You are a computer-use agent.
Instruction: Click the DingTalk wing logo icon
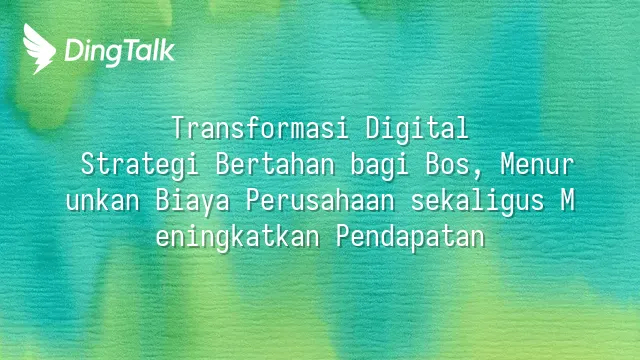(39, 49)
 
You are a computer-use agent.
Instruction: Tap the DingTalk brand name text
(120, 52)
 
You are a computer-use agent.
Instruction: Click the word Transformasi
(260, 128)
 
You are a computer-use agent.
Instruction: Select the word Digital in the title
(417, 128)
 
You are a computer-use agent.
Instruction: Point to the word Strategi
(140, 165)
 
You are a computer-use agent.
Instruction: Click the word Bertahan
(275, 164)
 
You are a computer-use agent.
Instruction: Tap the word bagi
(380, 165)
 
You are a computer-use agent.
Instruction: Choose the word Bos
(448, 164)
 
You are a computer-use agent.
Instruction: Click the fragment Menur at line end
(538, 164)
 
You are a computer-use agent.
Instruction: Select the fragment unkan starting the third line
(103, 201)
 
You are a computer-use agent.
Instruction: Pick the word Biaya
(193, 202)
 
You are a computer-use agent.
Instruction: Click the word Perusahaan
(320, 201)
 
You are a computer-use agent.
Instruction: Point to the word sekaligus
(478, 202)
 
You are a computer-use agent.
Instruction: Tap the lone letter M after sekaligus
(567, 201)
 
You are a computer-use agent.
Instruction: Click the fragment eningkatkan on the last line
(238, 238)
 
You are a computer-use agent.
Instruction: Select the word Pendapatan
(411, 238)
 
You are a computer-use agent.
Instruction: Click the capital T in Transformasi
(179, 128)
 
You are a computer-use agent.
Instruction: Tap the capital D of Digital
(373, 128)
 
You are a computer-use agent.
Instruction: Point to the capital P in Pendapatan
(343, 237)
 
